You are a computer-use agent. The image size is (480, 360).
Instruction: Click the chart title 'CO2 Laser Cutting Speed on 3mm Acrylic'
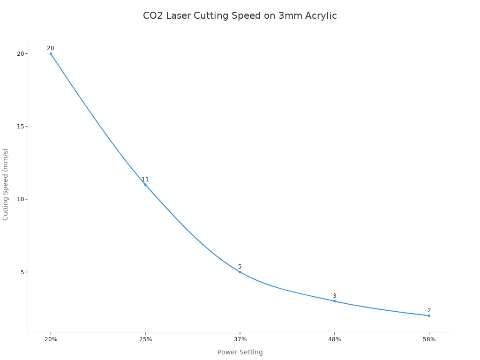coord(240,16)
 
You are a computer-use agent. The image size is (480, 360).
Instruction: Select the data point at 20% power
coord(51,53)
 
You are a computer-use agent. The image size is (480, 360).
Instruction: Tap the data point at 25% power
coord(145,185)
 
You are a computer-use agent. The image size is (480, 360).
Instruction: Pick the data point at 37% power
coord(240,272)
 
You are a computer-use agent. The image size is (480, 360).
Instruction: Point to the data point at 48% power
coord(334,301)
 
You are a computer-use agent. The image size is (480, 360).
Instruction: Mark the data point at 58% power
coord(429,315)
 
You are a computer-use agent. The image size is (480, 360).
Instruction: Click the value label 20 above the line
coord(51,48)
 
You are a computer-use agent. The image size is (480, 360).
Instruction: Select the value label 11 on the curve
coord(145,180)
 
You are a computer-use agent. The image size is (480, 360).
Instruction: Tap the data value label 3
coord(334,296)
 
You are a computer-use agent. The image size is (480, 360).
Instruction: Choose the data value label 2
coord(429,310)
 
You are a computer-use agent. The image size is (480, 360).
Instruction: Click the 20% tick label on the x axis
coord(51,339)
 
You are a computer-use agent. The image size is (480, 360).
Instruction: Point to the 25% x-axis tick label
coord(145,339)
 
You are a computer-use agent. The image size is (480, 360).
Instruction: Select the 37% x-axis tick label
coord(240,339)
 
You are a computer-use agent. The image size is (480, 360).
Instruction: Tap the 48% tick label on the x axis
coord(334,339)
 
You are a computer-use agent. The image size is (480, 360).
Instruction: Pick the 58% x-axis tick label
coord(429,339)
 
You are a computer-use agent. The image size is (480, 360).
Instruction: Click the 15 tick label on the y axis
coord(20,127)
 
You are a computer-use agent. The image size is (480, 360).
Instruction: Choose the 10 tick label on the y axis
coord(20,199)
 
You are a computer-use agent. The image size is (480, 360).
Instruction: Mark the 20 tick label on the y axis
coord(20,54)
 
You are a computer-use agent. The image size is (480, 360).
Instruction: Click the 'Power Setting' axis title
coord(240,352)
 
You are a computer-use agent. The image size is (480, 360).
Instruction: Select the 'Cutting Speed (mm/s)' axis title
coord(6,184)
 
